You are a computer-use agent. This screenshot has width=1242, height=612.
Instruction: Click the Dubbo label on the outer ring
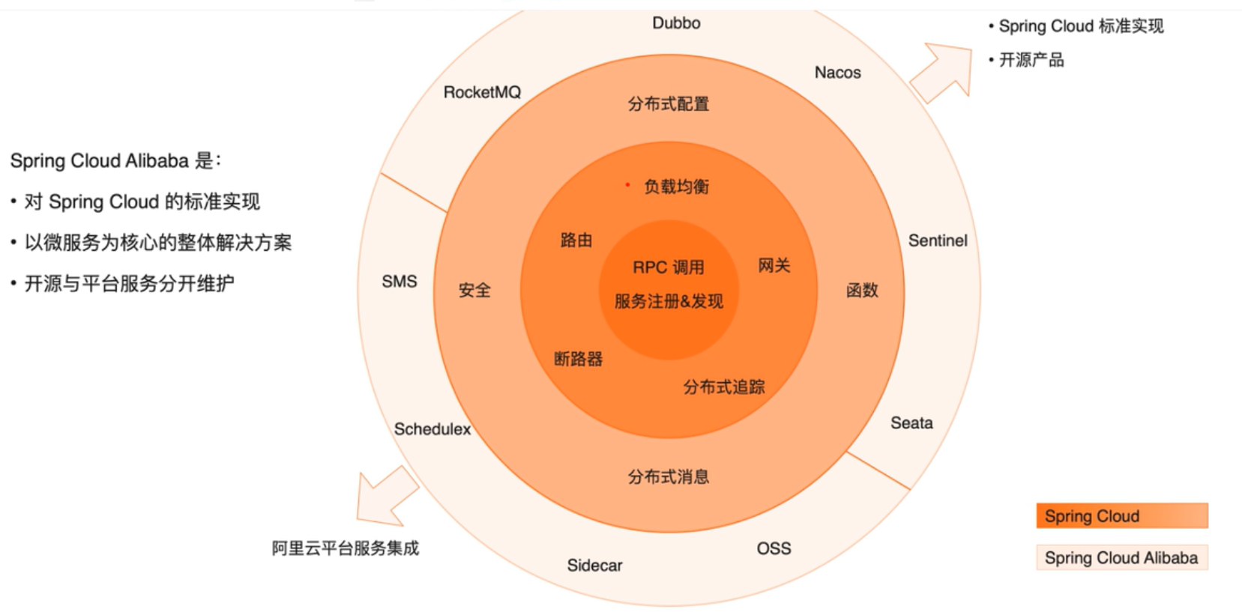(x=676, y=23)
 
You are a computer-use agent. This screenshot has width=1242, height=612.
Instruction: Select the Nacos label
(x=837, y=73)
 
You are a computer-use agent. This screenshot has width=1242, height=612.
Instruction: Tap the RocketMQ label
(x=482, y=92)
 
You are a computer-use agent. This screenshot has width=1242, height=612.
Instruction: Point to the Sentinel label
(x=937, y=240)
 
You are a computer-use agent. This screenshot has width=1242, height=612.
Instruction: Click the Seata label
(x=911, y=422)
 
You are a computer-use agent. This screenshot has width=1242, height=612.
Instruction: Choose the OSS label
(x=774, y=548)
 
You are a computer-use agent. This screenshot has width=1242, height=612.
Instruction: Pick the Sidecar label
(x=594, y=566)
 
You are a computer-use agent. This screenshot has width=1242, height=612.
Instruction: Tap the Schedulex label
(x=432, y=429)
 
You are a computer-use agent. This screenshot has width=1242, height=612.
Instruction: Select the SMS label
(x=399, y=282)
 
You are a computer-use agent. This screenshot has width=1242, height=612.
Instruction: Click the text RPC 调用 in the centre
(x=668, y=267)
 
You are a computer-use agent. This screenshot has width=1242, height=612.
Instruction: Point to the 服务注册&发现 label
(x=669, y=301)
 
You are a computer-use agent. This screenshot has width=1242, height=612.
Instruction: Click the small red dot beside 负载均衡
(x=627, y=184)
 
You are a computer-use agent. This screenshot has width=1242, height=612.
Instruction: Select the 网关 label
(x=774, y=265)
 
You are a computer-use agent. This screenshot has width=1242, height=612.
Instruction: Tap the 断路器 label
(x=578, y=359)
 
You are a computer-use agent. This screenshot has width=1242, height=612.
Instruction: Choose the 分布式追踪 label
(x=723, y=387)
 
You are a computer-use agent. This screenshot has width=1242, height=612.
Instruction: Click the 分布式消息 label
(x=668, y=476)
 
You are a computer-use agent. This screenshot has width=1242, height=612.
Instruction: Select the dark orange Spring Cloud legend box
(x=1121, y=516)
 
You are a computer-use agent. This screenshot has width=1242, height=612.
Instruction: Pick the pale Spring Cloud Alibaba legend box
(x=1121, y=558)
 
